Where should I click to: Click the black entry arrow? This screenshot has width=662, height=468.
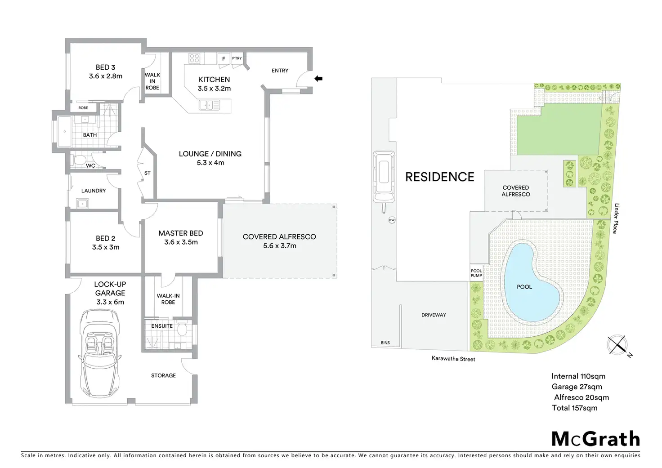tap(318, 79)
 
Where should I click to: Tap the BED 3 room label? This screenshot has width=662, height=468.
tap(105, 67)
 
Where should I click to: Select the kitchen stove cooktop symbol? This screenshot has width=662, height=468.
tap(194, 58)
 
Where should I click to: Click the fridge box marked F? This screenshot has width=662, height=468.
tap(224, 58)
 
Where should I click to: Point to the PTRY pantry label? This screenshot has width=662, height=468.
tap(237, 58)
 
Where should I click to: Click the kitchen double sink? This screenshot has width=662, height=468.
tap(210, 105)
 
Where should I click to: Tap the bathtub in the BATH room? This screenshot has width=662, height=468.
tap(66, 132)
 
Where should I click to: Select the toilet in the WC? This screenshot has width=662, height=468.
tap(80, 160)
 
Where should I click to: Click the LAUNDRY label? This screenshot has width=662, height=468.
tap(94, 191)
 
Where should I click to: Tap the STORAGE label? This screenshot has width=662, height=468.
tap(163, 375)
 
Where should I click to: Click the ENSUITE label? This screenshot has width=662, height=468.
tap(162, 326)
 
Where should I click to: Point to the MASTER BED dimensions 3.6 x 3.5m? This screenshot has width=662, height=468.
tap(181, 242)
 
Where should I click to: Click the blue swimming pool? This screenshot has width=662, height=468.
tap(531, 283)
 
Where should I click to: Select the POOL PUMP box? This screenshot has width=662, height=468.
tap(476, 273)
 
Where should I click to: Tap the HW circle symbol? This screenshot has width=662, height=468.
tap(392, 220)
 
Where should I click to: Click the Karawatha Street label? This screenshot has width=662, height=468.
tap(453, 359)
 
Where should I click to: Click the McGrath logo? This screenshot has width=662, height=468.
tap(595, 439)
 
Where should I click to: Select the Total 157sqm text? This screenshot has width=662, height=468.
tap(575, 408)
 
